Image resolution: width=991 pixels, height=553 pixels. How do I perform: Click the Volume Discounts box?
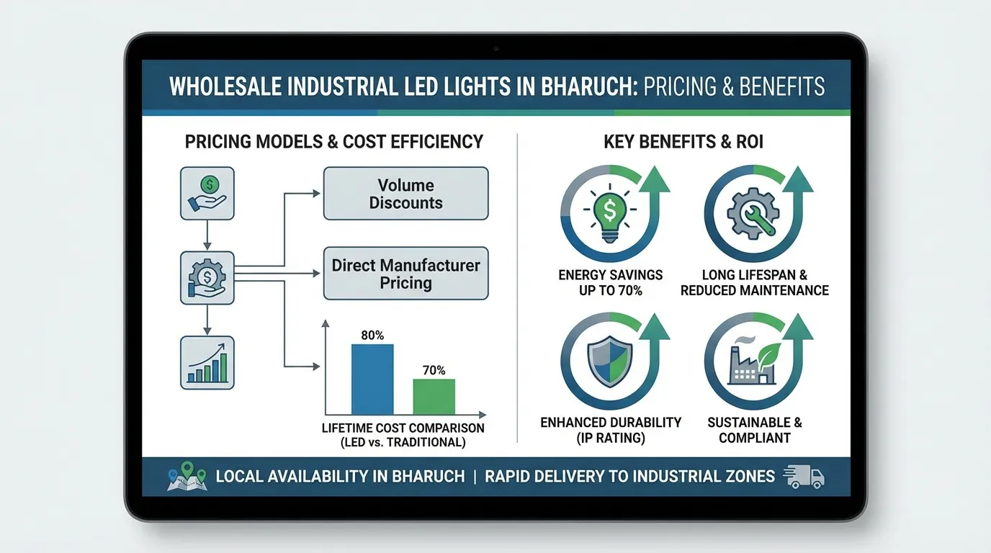(405, 193)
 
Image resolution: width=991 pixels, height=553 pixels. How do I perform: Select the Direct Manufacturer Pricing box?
(405, 274)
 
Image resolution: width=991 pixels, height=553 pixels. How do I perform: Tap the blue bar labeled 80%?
(372, 379)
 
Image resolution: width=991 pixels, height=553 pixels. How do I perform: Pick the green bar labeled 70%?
(434, 396)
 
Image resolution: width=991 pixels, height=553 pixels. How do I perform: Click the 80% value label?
(372, 336)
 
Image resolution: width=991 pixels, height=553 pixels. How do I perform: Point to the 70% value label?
(434, 370)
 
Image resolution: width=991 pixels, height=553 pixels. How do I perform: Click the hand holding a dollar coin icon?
(207, 193)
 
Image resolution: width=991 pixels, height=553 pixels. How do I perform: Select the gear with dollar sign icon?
(207, 277)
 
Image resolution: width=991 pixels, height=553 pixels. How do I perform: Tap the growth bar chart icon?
(207, 363)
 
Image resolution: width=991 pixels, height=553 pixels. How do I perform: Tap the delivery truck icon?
(803, 477)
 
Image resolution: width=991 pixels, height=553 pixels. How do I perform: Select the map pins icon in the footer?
(187, 477)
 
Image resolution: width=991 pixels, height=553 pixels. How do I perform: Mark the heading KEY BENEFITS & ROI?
(683, 142)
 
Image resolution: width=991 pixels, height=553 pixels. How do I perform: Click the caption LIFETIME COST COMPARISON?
(403, 428)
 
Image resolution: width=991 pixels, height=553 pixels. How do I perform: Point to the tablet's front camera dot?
(495, 48)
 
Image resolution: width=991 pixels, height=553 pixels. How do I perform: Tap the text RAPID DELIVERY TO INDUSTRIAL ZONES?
(629, 477)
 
